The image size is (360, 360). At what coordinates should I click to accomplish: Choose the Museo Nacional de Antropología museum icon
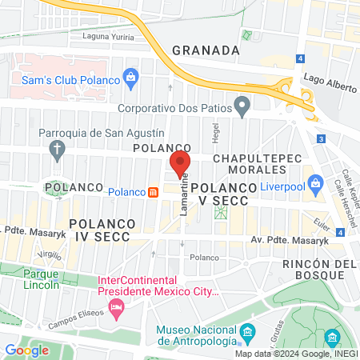247,330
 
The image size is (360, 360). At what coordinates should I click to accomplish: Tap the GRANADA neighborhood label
206,50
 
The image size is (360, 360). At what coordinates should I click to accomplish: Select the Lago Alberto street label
329,78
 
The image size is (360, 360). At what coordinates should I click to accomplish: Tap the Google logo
27,350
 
